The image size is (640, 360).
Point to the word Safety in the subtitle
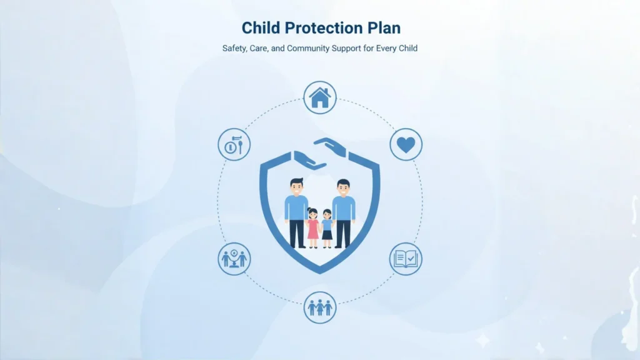point(236,48)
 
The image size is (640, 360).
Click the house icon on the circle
point(320,97)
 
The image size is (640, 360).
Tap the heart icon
point(406,144)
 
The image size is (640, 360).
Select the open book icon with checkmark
point(406,258)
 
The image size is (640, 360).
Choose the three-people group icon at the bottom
point(320,307)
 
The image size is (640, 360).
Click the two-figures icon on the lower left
point(234,258)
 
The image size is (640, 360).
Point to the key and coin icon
point(234,144)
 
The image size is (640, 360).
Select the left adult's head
point(297,186)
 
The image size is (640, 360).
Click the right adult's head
point(343,187)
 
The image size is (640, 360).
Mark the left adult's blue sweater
point(297,207)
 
